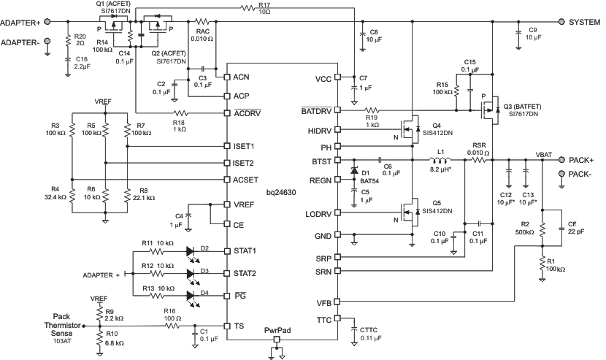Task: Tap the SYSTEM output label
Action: point(582,22)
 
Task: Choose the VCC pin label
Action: point(323,78)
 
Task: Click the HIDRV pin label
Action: point(318,131)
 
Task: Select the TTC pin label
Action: point(323,319)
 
